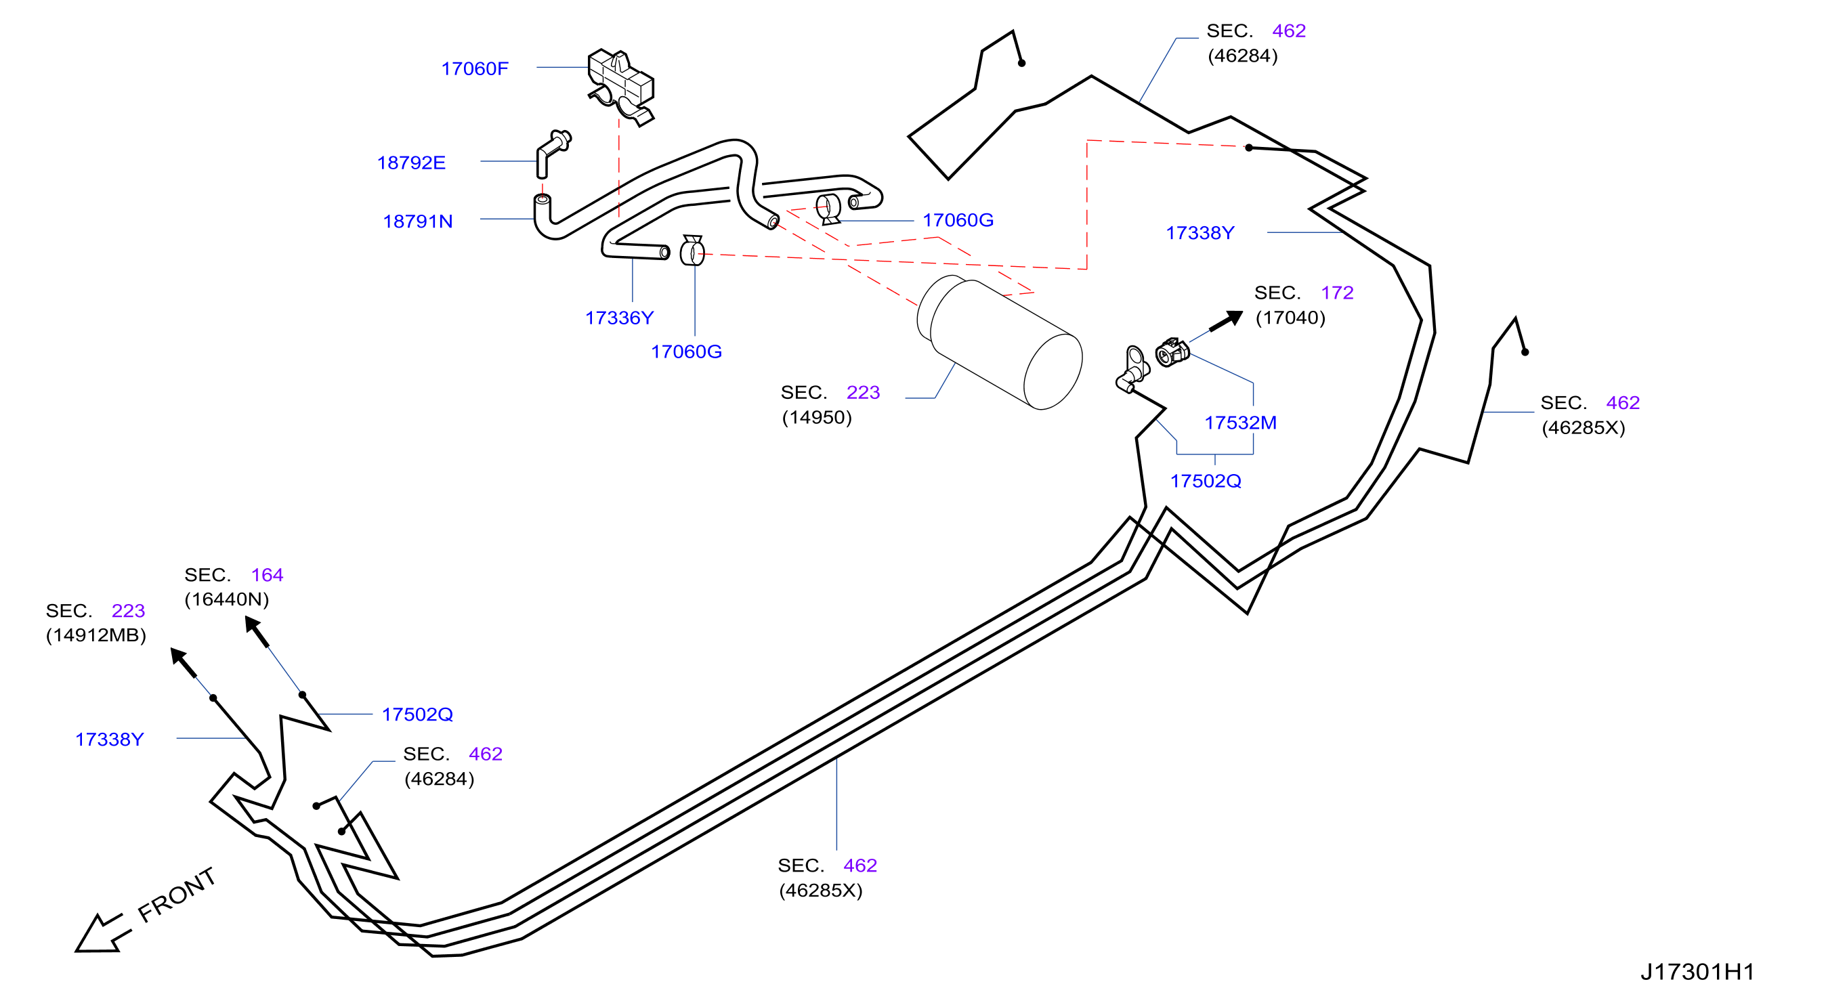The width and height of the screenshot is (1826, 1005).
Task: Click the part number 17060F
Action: [x=474, y=69]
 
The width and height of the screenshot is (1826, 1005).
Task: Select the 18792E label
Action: [x=411, y=163]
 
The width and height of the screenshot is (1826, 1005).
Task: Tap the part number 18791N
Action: [x=417, y=222]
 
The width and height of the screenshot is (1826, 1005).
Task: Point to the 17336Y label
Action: [x=619, y=318]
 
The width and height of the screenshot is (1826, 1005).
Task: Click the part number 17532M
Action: [x=1241, y=423]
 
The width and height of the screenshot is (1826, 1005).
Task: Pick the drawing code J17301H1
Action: [x=1698, y=972]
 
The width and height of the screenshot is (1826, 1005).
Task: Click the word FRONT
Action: [x=177, y=895]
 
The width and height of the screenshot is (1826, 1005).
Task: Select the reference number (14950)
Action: [x=817, y=417]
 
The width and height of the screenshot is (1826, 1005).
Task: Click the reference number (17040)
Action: [x=1290, y=318]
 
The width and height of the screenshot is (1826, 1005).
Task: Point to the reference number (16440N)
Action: [x=227, y=599]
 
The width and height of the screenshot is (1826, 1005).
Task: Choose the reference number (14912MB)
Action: [x=95, y=635]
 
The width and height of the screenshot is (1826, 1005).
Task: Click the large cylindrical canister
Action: [x=1000, y=342]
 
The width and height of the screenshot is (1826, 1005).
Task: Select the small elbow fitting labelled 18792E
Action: [x=553, y=152]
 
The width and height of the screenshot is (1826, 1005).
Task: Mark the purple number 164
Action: [x=268, y=575]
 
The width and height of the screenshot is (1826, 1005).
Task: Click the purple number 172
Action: [x=1337, y=293]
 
